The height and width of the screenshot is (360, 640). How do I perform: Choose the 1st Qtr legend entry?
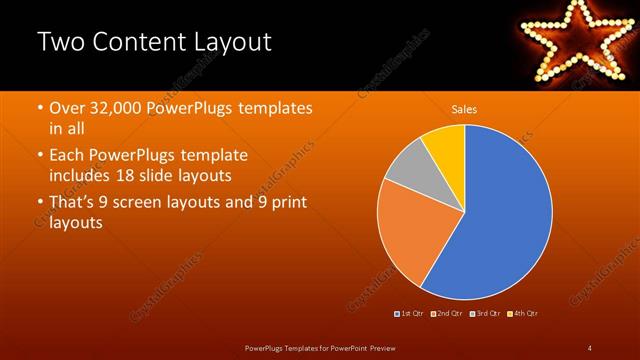(410, 314)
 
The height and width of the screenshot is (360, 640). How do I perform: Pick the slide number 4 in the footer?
(589, 347)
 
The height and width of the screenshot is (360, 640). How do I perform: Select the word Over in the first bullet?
(70, 107)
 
